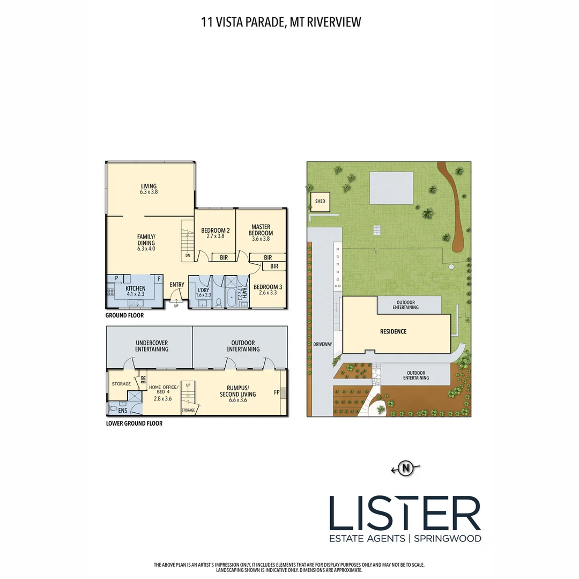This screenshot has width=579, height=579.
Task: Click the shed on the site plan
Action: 321,202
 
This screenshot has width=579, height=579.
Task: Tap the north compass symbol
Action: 406,469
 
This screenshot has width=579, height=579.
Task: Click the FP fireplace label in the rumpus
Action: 277,392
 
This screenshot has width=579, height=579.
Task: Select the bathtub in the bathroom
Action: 232,296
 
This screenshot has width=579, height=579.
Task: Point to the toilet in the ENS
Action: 112,409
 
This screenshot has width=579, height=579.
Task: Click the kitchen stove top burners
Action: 112,293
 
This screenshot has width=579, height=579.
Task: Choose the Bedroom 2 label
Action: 215,231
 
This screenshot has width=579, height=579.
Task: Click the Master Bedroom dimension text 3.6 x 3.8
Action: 261,239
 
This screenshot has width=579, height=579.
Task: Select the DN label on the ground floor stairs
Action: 188,256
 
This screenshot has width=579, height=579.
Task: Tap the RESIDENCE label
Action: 393,331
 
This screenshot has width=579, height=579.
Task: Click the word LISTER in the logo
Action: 405,514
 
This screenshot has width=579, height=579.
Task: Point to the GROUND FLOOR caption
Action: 124,315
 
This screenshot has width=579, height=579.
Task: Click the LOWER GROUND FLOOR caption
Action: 134,423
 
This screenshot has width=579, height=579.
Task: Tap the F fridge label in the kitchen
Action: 159,279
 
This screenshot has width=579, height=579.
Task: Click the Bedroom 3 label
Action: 267,287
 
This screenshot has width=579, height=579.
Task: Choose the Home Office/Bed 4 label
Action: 162,390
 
